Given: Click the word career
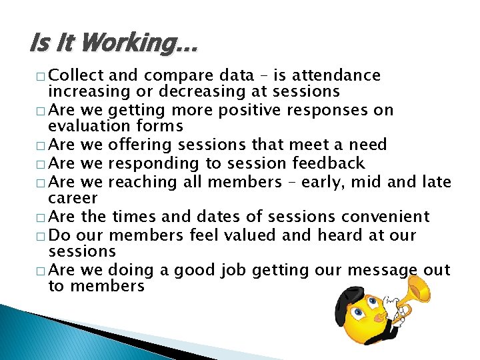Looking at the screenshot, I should click(x=73, y=198).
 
